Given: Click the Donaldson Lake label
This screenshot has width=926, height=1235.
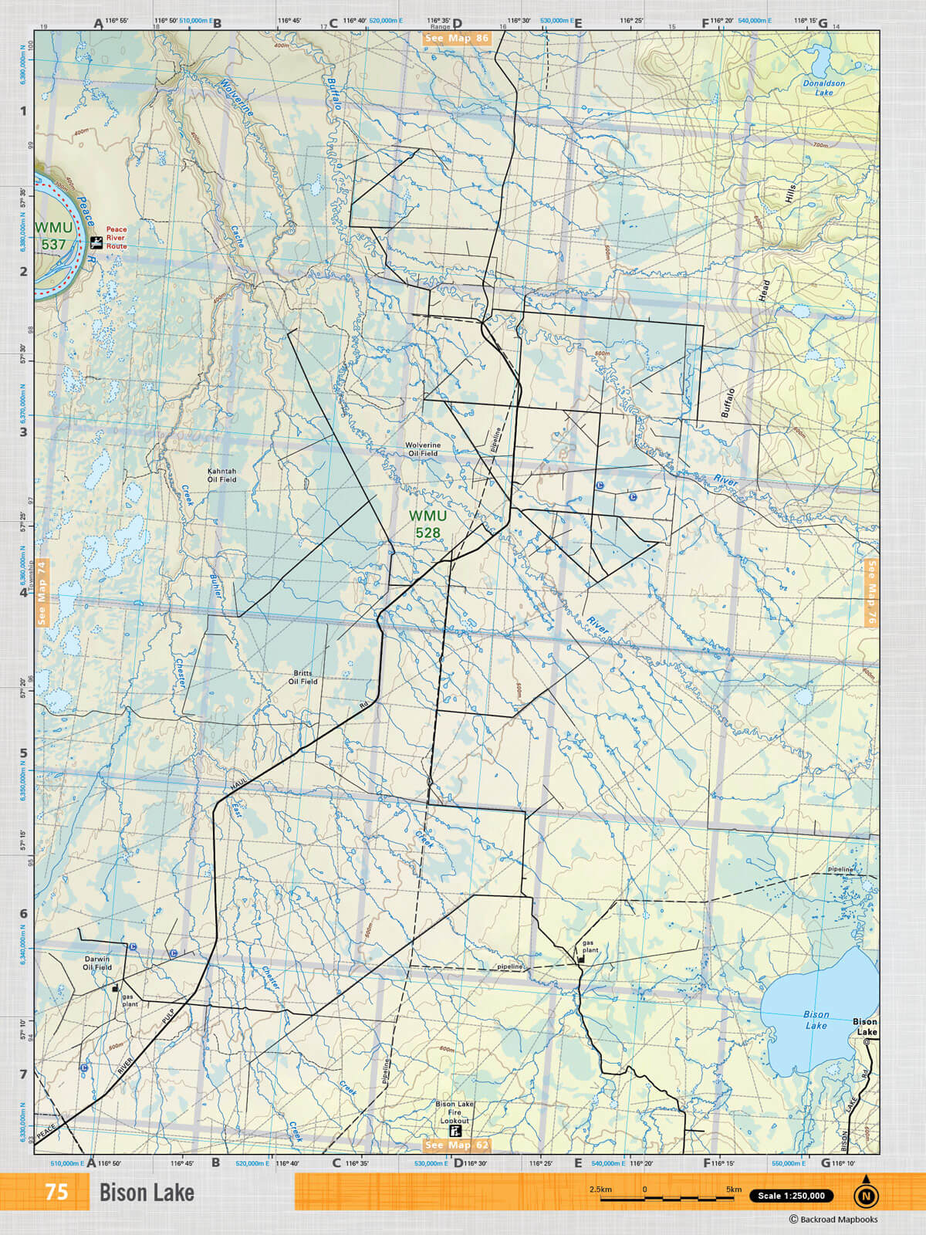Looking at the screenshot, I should tap(823, 87).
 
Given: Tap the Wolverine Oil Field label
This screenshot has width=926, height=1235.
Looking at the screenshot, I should tap(423, 449).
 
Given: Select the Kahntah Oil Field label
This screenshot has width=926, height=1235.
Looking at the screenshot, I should tap(221, 475).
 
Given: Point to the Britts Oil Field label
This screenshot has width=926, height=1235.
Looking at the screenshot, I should tap(302, 677).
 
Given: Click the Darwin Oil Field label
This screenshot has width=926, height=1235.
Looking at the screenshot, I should tap(97, 963).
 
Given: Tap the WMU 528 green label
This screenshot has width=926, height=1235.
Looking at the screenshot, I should tap(428, 524).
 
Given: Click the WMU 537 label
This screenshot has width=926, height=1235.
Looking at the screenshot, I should tap(54, 235).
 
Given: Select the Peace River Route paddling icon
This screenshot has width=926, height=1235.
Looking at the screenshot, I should tap(96, 242).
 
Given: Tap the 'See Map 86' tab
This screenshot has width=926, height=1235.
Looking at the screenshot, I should tap(456, 38).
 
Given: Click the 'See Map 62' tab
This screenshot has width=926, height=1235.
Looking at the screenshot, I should tap(457, 1145).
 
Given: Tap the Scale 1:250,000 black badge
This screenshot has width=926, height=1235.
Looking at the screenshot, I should tap(791, 1196).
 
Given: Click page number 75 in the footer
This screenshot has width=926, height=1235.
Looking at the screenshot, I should tap(56, 1192).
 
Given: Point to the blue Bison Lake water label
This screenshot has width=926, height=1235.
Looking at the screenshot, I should tap(816, 1020).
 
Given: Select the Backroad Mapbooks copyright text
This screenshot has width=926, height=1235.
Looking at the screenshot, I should tap(833, 1220).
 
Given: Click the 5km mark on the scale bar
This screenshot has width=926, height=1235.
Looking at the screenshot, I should tap(733, 1189).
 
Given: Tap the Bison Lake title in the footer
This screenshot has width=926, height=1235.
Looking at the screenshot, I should tap(147, 1193).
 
